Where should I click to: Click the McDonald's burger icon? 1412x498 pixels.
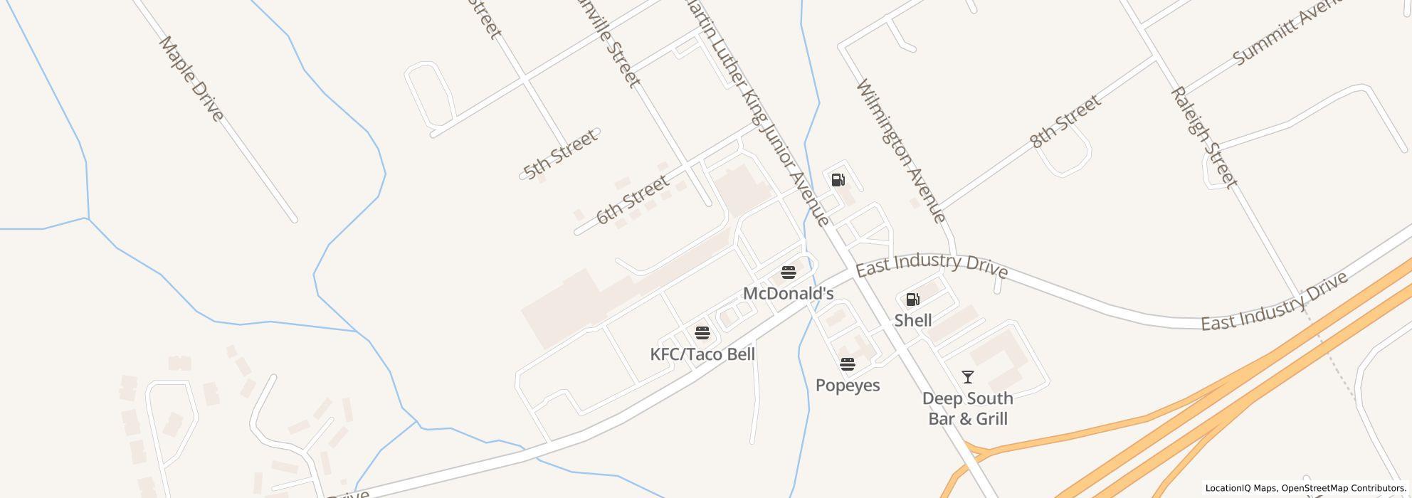tap(788, 272)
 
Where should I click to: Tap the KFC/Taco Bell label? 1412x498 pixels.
tap(702, 354)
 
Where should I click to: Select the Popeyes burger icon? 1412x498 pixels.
tap(847, 364)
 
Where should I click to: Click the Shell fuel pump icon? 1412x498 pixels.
tap(912, 300)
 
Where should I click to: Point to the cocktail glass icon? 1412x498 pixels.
tap(967, 377)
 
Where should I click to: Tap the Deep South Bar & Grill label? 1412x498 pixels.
tap(967, 408)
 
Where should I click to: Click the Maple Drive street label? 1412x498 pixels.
tap(191, 79)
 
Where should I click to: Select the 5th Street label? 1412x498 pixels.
tap(559, 154)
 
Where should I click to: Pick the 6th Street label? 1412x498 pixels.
tap(632, 200)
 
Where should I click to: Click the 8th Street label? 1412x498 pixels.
tap(1065, 122)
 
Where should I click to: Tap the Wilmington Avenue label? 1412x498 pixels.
tap(901, 151)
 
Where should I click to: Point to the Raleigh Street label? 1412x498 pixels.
tap(1203, 137)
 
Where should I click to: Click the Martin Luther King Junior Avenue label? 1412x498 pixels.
tap(757, 114)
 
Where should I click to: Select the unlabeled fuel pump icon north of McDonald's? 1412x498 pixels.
tap(838, 180)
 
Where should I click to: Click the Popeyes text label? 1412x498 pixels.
tap(847, 386)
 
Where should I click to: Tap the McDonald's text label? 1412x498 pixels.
tap(788, 294)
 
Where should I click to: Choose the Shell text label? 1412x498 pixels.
tap(912, 321)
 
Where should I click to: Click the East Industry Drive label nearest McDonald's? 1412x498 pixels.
tap(931, 265)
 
